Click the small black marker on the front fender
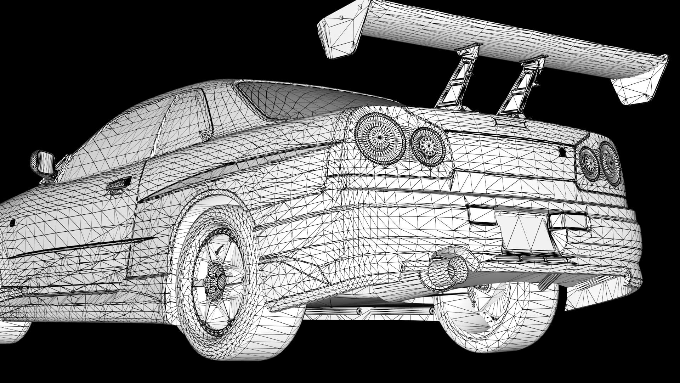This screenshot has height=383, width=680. pos(12,223)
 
